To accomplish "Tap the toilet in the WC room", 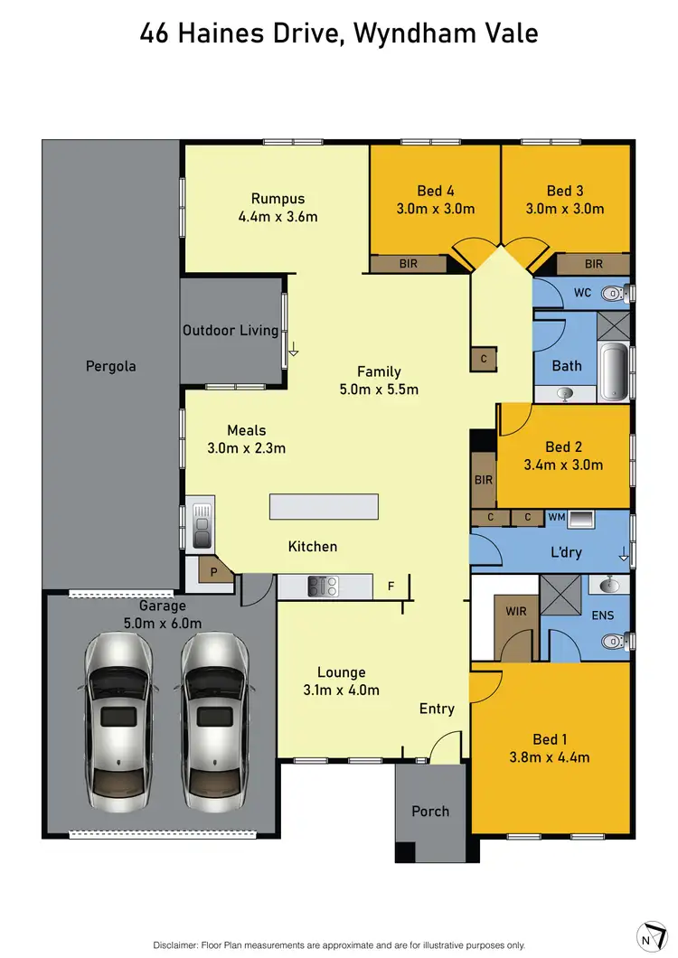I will point(615,293).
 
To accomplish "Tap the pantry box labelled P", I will point(214,572).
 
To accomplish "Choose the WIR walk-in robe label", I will point(516,612).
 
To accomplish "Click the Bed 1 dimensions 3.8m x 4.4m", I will point(550,757).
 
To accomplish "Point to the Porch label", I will point(430,811).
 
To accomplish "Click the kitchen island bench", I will point(324,506).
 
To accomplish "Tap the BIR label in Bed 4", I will point(409,264).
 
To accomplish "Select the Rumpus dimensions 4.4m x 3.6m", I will point(278,217).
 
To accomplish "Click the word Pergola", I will point(110,366).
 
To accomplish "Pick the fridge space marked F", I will point(391,587).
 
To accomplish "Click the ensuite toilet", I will point(615,642).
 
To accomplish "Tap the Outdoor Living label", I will point(231,330).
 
